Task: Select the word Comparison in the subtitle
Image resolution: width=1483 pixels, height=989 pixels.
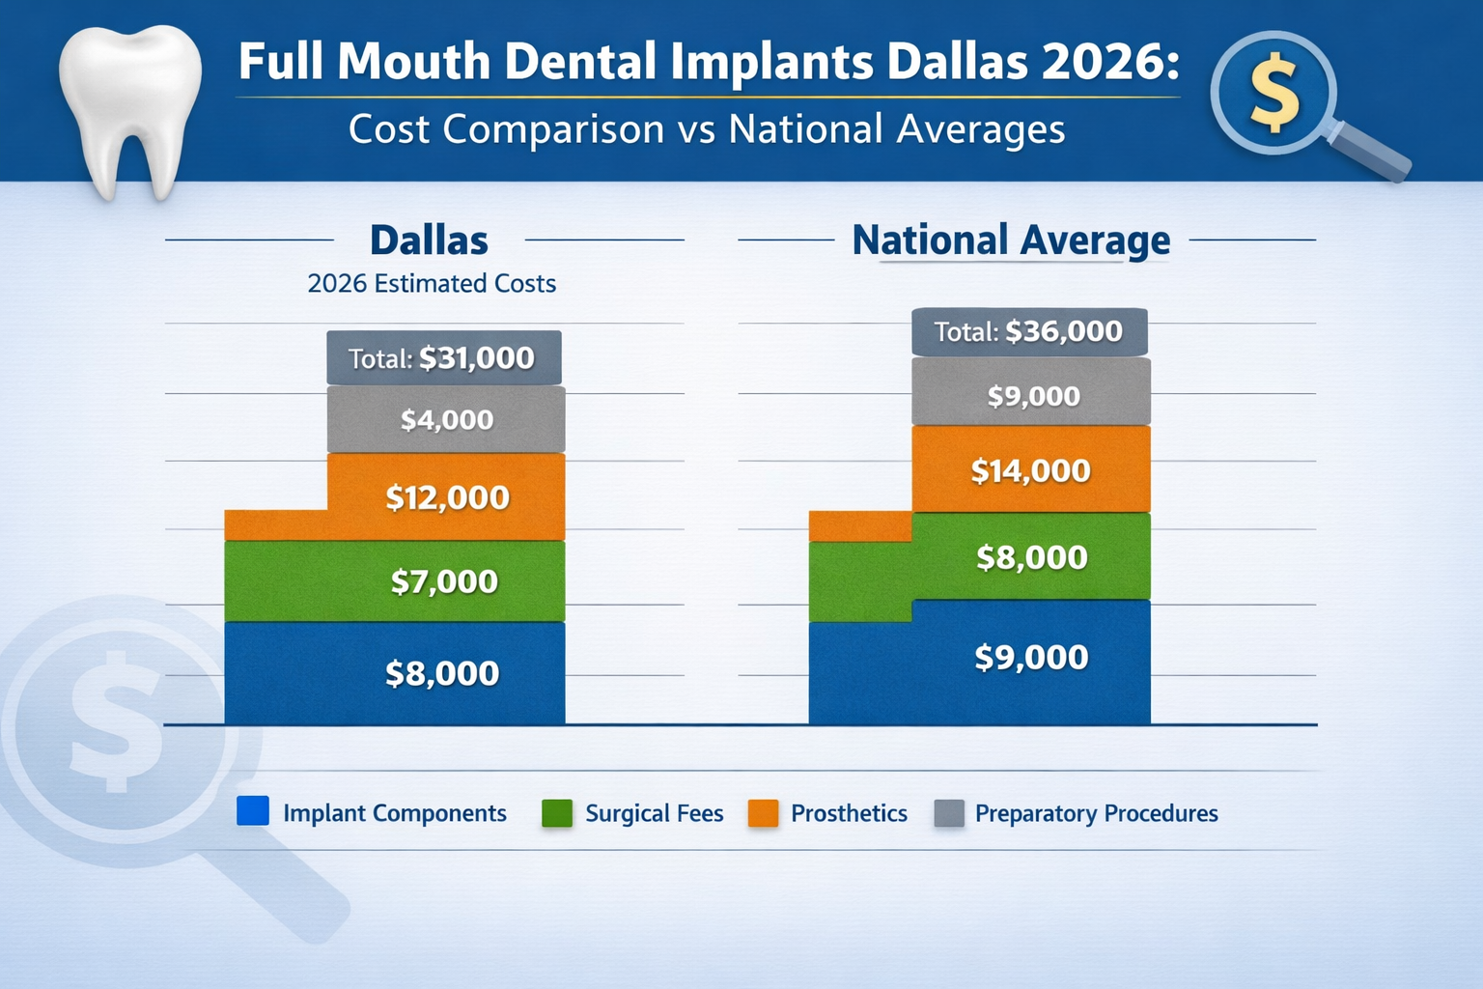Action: (553, 129)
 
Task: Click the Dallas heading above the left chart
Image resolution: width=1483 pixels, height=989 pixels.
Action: (429, 240)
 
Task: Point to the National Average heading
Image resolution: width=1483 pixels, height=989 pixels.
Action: (1011, 240)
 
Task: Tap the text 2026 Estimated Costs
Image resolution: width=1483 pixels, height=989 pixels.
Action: (432, 284)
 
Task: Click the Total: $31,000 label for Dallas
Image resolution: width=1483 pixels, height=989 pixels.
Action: (443, 358)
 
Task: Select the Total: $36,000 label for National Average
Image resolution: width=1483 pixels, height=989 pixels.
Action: (1029, 332)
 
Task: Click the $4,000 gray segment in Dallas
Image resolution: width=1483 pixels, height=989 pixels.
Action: (446, 420)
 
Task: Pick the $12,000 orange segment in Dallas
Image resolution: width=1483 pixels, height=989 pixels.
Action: (446, 497)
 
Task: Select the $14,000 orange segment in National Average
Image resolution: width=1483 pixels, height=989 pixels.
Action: (1030, 470)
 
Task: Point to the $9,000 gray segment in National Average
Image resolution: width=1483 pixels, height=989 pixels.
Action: (1032, 396)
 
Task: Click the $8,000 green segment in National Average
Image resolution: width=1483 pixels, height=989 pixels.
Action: (1030, 557)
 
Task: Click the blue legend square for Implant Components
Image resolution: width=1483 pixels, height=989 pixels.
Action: (253, 811)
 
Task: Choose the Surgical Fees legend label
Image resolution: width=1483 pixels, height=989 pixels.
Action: (654, 813)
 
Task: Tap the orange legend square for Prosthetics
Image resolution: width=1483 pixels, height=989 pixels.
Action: (763, 813)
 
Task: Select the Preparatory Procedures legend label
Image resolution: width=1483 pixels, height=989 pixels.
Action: (1096, 813)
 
